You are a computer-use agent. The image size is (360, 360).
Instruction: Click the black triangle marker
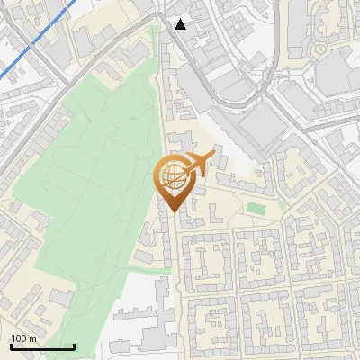tap(181, 24)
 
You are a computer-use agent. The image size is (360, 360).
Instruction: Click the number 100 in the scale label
tap(19, 338)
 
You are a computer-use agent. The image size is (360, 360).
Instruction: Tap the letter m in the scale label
tap(32, 338)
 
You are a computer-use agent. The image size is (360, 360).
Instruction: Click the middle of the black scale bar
tap(41, 347)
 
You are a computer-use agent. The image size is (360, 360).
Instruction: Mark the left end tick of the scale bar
tap(11, 346)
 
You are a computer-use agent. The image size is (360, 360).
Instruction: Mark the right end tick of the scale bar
tap(73, 346)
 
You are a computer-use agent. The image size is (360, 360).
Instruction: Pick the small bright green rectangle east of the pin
tap(256, 209)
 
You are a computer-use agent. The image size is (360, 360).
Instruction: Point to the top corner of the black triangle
tap(181, 19)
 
